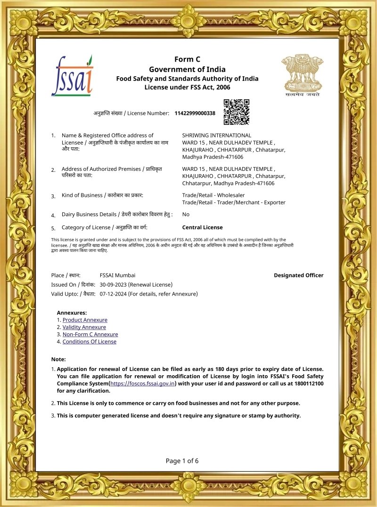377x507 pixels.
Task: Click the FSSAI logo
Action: click(72, 76)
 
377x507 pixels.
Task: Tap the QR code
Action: click(236, 112)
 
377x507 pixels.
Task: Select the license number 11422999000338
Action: click(195, 113)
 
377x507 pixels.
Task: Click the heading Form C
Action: click(187, 59)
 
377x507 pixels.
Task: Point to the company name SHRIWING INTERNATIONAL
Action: click(216, 136)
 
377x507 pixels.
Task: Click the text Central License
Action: click(202, 227)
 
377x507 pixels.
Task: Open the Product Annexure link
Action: click(85, 320)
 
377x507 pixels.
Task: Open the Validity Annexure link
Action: click(84, 327)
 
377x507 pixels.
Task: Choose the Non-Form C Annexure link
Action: click(90, 334)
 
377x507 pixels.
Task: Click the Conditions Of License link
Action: click(89, 342)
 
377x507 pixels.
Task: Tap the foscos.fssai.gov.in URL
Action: click(143, 384)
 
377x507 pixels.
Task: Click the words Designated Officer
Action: click(298, 275)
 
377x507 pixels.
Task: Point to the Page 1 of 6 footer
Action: click(182, 461)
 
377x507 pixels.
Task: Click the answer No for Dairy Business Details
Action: click(186, 214)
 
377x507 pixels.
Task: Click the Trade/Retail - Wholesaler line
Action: click(213, 195)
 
